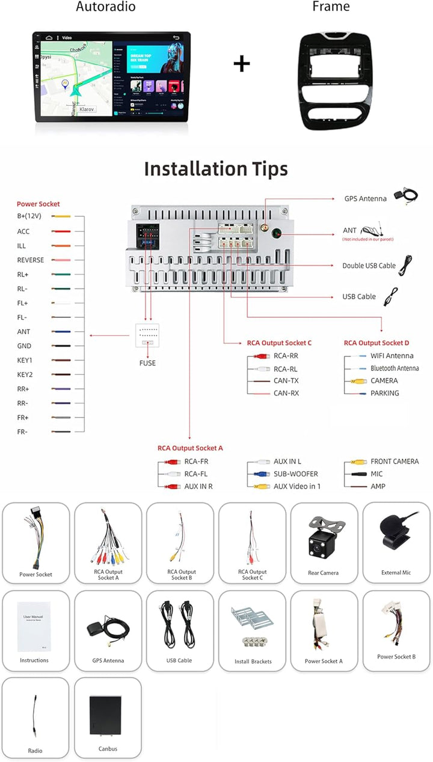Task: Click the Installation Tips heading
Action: pos(216,169)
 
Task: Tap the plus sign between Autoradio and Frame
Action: pos(242,63)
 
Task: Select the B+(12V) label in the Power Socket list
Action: pos(28,216)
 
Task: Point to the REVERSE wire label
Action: pos(30,260)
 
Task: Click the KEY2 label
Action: pos(25,374)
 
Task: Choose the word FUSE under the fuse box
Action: pos(147,363)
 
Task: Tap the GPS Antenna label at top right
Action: pos(366,198)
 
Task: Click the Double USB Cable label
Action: pos(369,266)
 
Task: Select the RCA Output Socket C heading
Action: pos(279,343)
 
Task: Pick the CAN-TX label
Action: pos(286,381)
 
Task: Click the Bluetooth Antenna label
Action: pos(395,368)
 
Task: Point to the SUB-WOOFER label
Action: pos(296,474)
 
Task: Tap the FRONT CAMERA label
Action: pos(395,462)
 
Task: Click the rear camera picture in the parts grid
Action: pos(323,536)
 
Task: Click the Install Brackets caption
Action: pos(253,662)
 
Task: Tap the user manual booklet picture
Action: pos(33,626)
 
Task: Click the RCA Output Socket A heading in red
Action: pos(190,448)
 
